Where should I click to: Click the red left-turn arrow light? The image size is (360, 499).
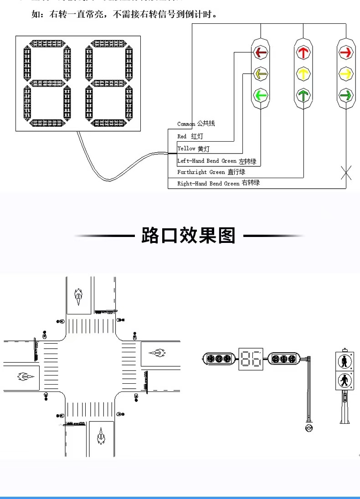click(261, 52)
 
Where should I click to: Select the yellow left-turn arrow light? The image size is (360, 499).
click(261, 73)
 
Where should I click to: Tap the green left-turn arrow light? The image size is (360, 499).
click(261, 95)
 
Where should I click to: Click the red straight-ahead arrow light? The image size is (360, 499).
click(303, 52)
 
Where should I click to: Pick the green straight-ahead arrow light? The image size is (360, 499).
click(303, 95)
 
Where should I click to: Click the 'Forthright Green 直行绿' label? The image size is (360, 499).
click(211, 172)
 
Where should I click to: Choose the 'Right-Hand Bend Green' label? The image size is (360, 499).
click(218, 183)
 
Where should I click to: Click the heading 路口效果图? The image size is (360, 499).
click(188, 236)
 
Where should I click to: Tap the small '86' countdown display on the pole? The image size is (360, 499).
click(251, 359)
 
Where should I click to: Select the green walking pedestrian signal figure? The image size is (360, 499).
click(345, 380)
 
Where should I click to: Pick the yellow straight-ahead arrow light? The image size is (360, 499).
click(303, 73)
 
